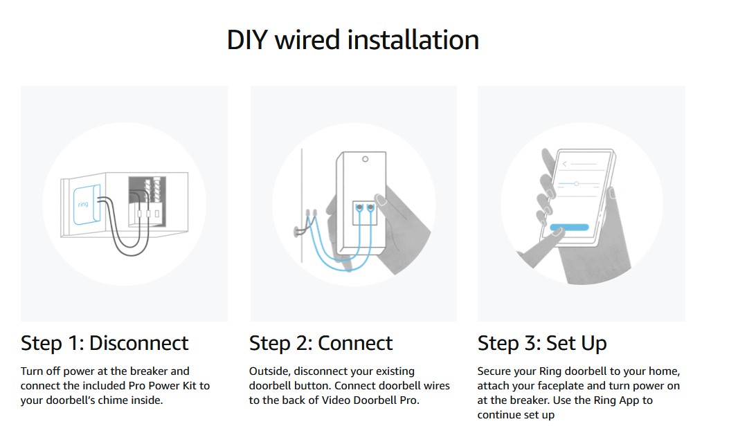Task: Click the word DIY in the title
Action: (246, 40)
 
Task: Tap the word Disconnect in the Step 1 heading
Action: (138, 343)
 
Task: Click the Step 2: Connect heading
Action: (321, 343)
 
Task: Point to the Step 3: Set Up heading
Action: (542, 343)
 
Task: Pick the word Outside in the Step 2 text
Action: (269, 371)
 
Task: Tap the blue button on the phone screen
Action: (568, 227)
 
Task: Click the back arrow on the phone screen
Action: (564, 164)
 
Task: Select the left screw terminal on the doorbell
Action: (359, 207)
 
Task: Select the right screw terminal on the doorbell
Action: (371, 207)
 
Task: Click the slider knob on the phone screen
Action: (577, 184)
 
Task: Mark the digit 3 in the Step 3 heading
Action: (531, 344)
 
